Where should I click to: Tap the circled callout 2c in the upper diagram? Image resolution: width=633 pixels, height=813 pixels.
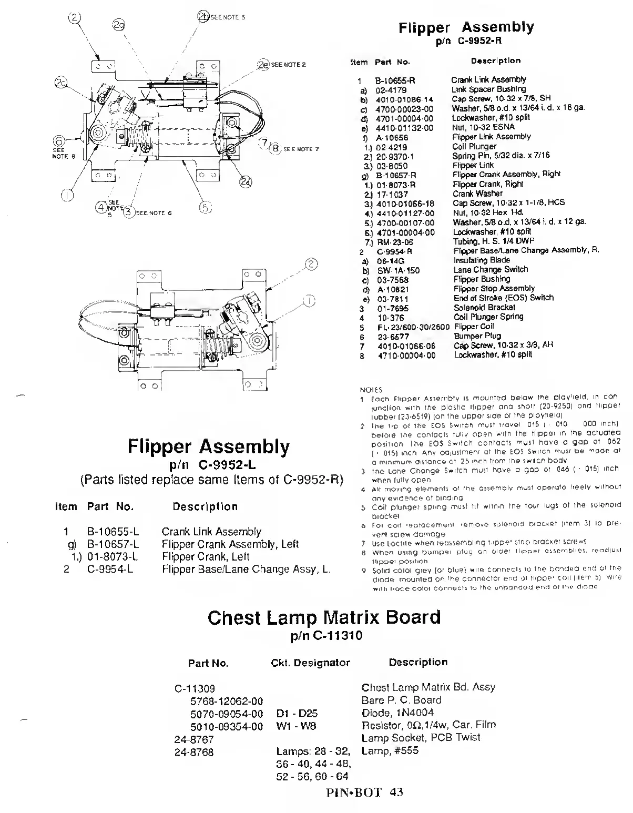point(61,83)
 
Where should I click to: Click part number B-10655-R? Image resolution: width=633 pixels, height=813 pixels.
point(395,80)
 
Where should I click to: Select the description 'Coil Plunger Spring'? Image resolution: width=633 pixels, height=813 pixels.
point(488,317)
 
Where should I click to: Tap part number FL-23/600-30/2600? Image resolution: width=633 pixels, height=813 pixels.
point(414,327)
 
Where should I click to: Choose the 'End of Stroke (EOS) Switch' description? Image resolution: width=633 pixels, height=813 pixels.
point(503,298)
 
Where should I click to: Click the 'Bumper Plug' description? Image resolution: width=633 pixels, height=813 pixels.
point(477,336)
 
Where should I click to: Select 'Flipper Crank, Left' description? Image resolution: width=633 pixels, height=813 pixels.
point(206,556)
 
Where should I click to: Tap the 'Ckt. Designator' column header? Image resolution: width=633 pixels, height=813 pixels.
point(310,663)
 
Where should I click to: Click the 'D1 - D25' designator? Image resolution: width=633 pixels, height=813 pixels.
point(297,714)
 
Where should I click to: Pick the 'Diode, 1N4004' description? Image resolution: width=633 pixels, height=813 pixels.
point(397,713)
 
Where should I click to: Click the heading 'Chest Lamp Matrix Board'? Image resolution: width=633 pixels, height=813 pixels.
point(324,617)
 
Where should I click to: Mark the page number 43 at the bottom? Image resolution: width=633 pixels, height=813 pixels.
point(396,792)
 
